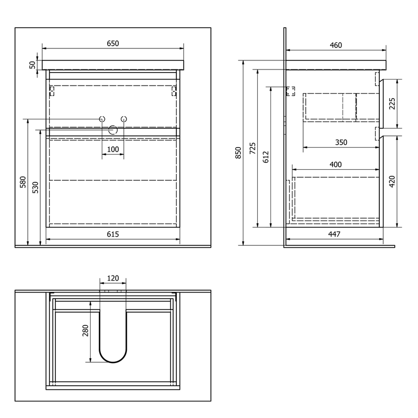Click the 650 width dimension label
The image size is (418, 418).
(x=113, y=43)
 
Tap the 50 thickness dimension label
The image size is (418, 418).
(x=32, y=65)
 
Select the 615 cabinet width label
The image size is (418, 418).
(x=113, y=234)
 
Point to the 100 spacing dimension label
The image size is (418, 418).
(x=113, y=149)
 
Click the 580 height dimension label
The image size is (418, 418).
(x=23, y=182)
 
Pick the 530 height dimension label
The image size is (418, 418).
(x=35, y=187)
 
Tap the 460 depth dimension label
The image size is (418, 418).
(x=335, y=45)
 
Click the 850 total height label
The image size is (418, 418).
(x=238, y=153)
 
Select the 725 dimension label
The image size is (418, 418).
(x=252, y=148)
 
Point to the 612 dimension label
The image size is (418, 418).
(x=266, y=157)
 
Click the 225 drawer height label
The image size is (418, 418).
(x=392, y=104)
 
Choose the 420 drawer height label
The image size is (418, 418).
(x=392, y=181)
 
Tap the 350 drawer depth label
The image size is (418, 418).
(x=341, y=143)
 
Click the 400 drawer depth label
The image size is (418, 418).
(x=335, y=165)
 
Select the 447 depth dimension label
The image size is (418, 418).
(x=334, y=234)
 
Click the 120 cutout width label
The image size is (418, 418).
(x=113, y=278)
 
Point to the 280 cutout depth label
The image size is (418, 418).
(x=85, y=330)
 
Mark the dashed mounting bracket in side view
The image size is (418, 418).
(x=291, y=91)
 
